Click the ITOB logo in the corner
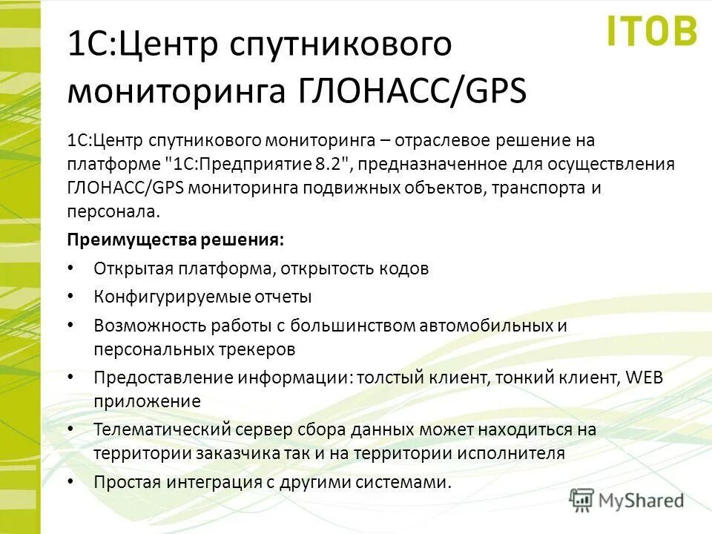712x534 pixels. point(652,30)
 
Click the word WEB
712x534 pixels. point(645,378)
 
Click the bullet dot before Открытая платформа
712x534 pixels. point(70,267)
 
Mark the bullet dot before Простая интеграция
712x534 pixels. point(70,481)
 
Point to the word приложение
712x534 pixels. point(147,401)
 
